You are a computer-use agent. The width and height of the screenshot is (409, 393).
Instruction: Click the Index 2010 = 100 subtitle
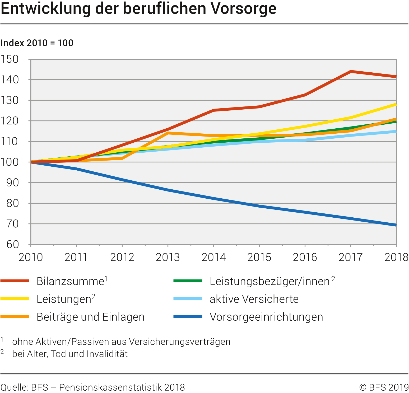[37, 43]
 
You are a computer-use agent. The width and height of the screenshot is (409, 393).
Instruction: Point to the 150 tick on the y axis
[10, 59]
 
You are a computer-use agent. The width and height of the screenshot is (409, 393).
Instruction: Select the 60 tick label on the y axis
[13, 245]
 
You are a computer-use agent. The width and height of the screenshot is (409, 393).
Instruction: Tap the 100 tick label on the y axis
[10, 162]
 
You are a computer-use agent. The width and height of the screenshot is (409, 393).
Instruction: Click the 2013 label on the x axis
[168, 257]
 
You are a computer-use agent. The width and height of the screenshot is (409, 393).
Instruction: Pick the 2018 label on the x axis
[396, 257]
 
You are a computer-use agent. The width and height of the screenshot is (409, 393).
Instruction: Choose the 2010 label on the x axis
[31, 257]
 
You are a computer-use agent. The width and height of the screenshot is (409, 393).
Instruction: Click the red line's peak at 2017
[351, 72]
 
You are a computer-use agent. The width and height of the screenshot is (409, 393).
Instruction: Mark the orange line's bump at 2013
[168, 133]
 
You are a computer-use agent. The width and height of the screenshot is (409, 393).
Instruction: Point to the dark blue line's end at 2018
[396, 225]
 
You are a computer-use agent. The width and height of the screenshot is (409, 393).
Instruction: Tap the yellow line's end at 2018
[396, 105]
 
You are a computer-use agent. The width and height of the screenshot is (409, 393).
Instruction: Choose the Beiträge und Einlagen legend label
[90, 317]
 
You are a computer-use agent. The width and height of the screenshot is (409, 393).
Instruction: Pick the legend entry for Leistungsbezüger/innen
[269, 281]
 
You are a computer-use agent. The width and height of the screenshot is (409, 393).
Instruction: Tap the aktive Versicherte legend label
[254, 299]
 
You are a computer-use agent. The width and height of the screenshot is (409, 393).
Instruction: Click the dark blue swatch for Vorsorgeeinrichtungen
[188, 316]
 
